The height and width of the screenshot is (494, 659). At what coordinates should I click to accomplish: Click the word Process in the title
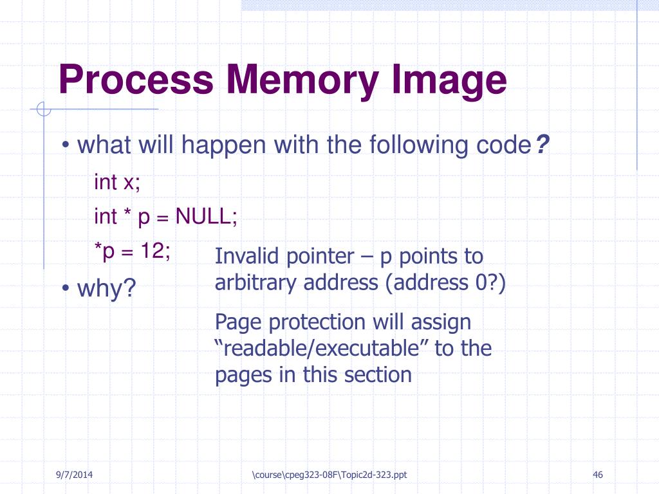(x=136, y=80)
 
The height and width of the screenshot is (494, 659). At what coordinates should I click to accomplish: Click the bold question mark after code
(x=543, y=146)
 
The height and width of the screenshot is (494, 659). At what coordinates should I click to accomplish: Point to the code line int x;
(x=116, y=182)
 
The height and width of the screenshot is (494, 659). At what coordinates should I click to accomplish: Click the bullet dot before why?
(x=66, y=289)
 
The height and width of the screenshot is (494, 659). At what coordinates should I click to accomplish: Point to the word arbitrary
(x=257, y=282)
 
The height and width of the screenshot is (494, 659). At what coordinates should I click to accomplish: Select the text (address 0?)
(x=447, y=282)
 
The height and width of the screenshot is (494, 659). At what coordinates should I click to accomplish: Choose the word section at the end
(x=379, y=374)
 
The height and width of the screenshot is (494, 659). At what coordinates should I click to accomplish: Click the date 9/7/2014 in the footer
(x=73, y=475)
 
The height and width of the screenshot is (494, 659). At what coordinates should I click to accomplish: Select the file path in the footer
(x=329, y=475)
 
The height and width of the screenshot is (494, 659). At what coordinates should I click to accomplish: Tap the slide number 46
(x=598, y=475)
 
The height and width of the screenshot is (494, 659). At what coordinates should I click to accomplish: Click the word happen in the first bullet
(x=225, y=146)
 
